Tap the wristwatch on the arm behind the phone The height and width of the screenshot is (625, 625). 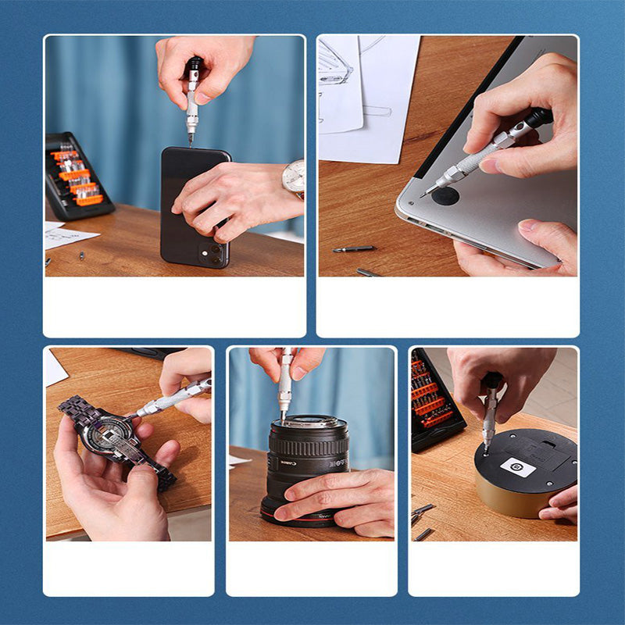(x=295, y=178)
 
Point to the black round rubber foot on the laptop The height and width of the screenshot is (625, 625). (x=445, y=195)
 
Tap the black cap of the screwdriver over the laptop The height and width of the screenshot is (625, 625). (x=539, y=118)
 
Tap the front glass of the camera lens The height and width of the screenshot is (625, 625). (x=309, y=423)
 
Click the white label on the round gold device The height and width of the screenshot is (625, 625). (x=517, y=468)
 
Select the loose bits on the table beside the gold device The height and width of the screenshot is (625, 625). (x=422, y=519)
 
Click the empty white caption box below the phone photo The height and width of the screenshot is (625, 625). (x=174, y=306)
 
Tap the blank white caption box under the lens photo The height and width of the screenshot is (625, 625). (x=311, y=568)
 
